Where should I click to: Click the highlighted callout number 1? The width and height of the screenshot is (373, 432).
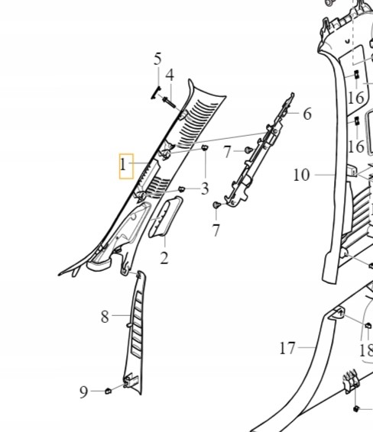(123, 166)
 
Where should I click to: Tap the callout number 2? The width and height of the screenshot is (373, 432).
(164, 258)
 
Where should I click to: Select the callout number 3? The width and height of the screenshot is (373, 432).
(205, 189)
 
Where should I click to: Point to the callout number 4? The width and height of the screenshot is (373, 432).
(170, 75)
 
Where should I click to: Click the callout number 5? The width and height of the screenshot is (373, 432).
(157, 60)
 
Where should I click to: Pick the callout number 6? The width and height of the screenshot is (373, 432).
(307, 114)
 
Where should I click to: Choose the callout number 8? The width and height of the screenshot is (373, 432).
(105, 317)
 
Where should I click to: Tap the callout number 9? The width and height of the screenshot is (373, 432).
(83, 392)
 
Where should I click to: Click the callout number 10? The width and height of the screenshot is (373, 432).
(301, 175)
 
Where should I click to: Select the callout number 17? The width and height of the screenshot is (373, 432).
(287, 348)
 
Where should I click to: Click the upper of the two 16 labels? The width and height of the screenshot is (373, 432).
(356, 98)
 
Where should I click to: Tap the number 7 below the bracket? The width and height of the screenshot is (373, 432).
(216, 231)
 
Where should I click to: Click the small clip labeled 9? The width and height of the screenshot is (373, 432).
(108, 391)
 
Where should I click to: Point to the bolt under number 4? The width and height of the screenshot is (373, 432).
(169, 102)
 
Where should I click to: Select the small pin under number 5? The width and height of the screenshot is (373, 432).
(156, 92)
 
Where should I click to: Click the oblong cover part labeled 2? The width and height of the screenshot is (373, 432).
(166, 217)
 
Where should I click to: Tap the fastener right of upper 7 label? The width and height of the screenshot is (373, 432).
(249, 150)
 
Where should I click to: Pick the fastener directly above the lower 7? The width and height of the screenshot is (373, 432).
(216, 205)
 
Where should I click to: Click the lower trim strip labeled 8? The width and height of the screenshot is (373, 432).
(135, 333)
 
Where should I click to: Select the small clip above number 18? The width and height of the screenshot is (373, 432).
(368, 326)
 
